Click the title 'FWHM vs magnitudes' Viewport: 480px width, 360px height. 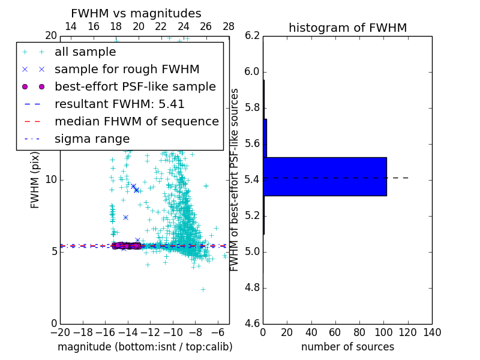[136, 13]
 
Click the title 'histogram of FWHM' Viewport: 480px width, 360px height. [347, 28]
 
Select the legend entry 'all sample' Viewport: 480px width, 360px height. [85, 52]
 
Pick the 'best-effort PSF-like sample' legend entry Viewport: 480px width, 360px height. [135, 87]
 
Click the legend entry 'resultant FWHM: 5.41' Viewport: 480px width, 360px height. [119, 104]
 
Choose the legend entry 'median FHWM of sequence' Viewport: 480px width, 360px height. [136, 122]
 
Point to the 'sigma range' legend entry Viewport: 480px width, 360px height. [92, 139]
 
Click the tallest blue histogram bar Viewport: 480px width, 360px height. [325, 176]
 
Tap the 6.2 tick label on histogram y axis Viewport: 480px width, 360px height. [252, 36]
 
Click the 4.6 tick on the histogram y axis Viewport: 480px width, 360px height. [252, 324]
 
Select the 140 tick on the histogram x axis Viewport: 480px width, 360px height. [432, 333]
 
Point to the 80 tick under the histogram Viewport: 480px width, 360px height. [359, 333]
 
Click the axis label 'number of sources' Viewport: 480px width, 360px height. [347, 347]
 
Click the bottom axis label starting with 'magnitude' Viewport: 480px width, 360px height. [145, 347]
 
